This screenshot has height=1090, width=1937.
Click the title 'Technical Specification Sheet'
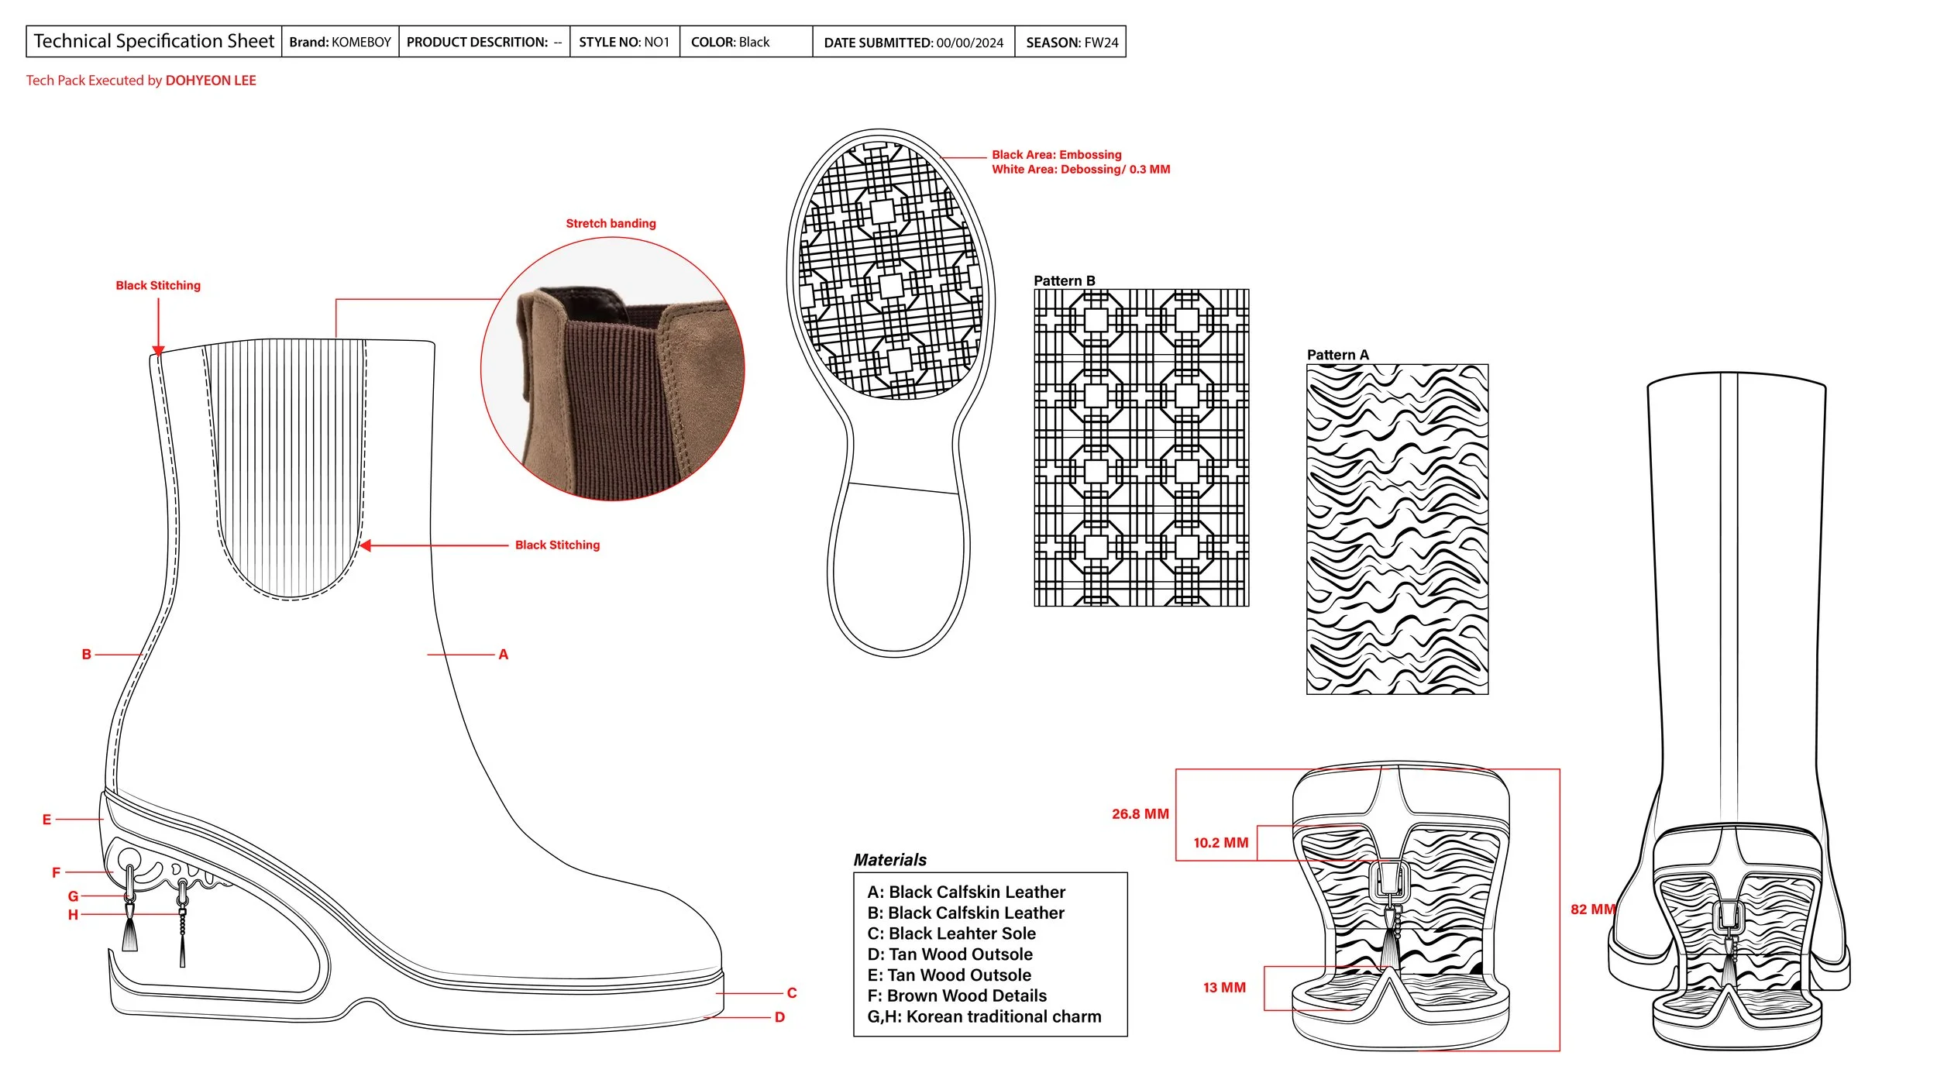(x=153, y=41)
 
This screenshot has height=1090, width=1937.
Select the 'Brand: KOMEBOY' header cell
(x=339, y=42)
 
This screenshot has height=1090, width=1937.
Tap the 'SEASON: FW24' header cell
(x=1072, y=43)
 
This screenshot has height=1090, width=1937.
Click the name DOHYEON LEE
(x=211, y=81)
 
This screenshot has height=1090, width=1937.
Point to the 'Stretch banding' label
(x=611, y=223)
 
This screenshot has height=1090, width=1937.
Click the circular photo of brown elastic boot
(x=612, y=369)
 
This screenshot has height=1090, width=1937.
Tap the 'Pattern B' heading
(x=1064, y=280)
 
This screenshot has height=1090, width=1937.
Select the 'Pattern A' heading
(x=1337, y=355)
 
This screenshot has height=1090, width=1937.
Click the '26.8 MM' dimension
(x=1140, y=813)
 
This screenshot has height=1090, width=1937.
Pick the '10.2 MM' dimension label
(x=1220, y=842)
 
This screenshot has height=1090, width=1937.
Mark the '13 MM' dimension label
(x=1224, y=987)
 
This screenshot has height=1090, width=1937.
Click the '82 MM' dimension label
(x=1592, y=909)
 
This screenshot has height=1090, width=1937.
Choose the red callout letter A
(x=504, y=655)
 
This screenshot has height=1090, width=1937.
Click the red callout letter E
(x=46, y=819)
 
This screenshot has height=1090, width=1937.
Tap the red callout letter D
(x=779, y=1017)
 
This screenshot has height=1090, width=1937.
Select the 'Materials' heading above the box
(x=889, y=859)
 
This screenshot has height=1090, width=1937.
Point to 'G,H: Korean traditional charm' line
(x=984, y=1016)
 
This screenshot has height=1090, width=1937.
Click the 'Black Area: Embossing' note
(x=1056, y=155)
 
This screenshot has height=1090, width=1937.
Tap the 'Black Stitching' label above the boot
(x=158, y=285)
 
